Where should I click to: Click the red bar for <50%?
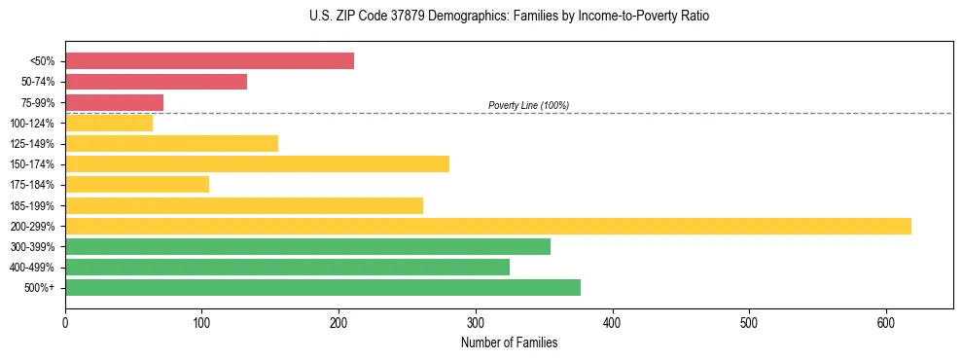(209, 61)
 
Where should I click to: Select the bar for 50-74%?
(156, 82)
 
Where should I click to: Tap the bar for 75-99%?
(114, 102)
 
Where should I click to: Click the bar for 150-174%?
(257, 163)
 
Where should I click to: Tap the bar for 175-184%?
(137, 184)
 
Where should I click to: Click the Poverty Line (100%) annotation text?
(528, 105)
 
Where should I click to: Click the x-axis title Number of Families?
(509, 342)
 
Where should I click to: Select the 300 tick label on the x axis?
(476, 322)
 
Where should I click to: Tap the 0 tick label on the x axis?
(65, 322)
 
